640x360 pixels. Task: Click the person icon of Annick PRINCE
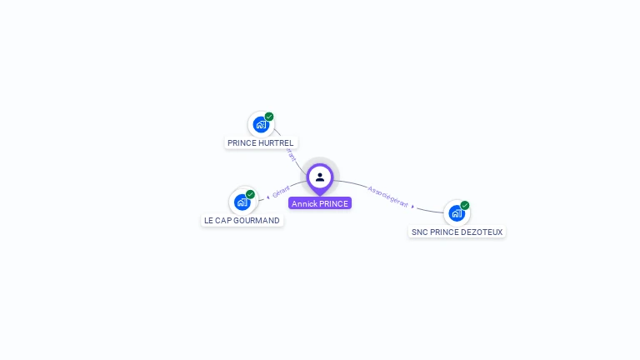[320, 177]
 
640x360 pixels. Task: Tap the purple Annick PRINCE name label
[320, 203]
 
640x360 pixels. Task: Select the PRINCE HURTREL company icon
[261, 125]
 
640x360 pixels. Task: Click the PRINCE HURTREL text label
[261, 143]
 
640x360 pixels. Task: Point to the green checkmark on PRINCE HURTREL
[269, 117]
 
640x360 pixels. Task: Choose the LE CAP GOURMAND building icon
[242, 202]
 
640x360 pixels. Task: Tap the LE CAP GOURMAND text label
[242, 221]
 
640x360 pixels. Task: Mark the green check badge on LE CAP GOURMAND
[250, 194]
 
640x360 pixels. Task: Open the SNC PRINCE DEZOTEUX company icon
[456, 213]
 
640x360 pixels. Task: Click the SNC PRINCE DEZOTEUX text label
[457, 232]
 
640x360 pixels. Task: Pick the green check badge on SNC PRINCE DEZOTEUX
[465, 205]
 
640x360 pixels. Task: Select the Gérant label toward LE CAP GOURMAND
[281, 192]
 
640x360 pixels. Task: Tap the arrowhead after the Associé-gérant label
[413, 206]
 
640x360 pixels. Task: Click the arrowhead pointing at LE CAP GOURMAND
[267, 197]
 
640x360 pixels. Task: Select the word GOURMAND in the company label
[257, 221]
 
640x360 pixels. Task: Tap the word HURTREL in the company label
[277, 143]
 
